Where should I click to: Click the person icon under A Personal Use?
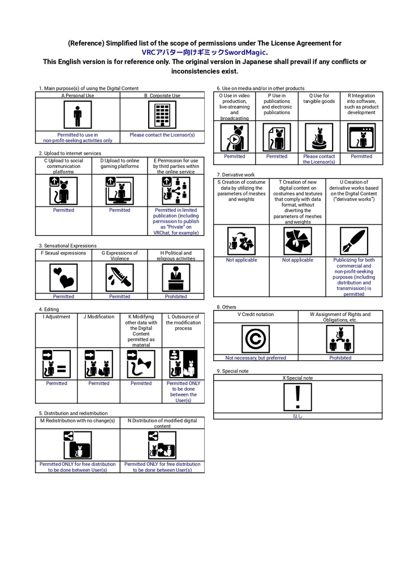tap(77, 115)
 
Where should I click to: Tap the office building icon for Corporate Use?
tap(162, 115)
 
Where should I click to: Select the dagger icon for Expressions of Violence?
tap(120, 278)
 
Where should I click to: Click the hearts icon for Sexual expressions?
tap(63, 278)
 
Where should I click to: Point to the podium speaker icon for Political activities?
tap(176, 278)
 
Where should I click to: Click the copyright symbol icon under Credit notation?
tap(256, 339)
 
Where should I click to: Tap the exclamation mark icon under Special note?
tap(297, 397)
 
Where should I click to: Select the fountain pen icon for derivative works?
tap(354, 241)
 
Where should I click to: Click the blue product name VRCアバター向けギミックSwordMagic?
tap(205, 53)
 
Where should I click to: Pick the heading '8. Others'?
tap(226, 307)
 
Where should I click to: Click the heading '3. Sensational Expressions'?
tap(68, 245)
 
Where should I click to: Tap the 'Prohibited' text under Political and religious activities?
tap(176, 296)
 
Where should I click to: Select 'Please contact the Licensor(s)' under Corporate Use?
tap(162, 135)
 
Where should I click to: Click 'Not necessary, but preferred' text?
tap(256, 358)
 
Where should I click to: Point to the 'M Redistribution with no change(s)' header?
tap(77, 421)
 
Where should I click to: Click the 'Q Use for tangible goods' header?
tap(319, 98)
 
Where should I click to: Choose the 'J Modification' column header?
tap(98, 317)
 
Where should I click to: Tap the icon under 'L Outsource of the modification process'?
tap(183, 364)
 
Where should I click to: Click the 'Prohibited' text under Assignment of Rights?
tap(340, 358)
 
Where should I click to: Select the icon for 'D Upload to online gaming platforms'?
tap(120, 191)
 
